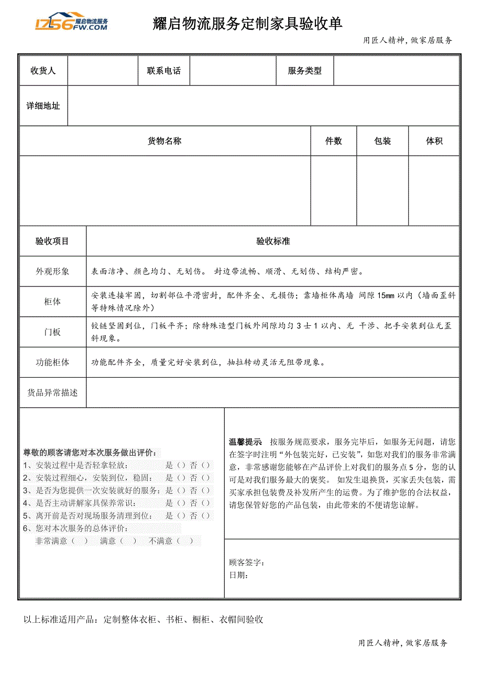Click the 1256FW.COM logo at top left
click(x=71, y=22)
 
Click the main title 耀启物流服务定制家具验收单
click(x=247, y=24)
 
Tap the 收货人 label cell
click(x=43, y=71)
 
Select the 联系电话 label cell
click(x=164, y=71)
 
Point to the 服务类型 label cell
click(x=304, y=71)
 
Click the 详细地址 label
click(x=43, y=106)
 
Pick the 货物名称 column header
click(x=165, y=141)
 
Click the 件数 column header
click(x=334, y=141)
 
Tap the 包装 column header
click(x=382, y=141)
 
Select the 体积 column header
click(x=434, y=141)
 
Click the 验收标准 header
click(x=273, y=241)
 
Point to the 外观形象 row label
click(x=52, y=271)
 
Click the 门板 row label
click(x=52, y=332)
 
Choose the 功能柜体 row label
click(x=52, y=362)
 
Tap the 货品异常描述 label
click(x=52, y=392)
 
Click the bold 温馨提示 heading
click(x=245, y=442)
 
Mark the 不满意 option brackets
click(x=184, y=541)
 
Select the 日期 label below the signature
click(x=238, y=575)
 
